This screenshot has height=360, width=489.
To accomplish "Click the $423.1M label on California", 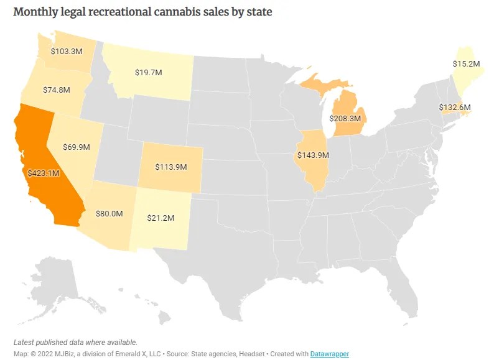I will tap(42, 173).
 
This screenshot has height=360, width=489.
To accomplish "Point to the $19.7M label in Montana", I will tap(148, 72).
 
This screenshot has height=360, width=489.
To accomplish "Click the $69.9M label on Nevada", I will tap(77, 147).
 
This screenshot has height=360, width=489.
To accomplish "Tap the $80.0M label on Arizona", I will tap(109, 213).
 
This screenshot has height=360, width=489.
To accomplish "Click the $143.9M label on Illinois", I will tap(312, 154).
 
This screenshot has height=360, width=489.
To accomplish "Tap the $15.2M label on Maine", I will tap(466, 63).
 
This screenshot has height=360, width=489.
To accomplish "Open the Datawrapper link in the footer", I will tap(330, 354).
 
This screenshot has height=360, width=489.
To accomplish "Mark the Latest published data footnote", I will tap(75, 343).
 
